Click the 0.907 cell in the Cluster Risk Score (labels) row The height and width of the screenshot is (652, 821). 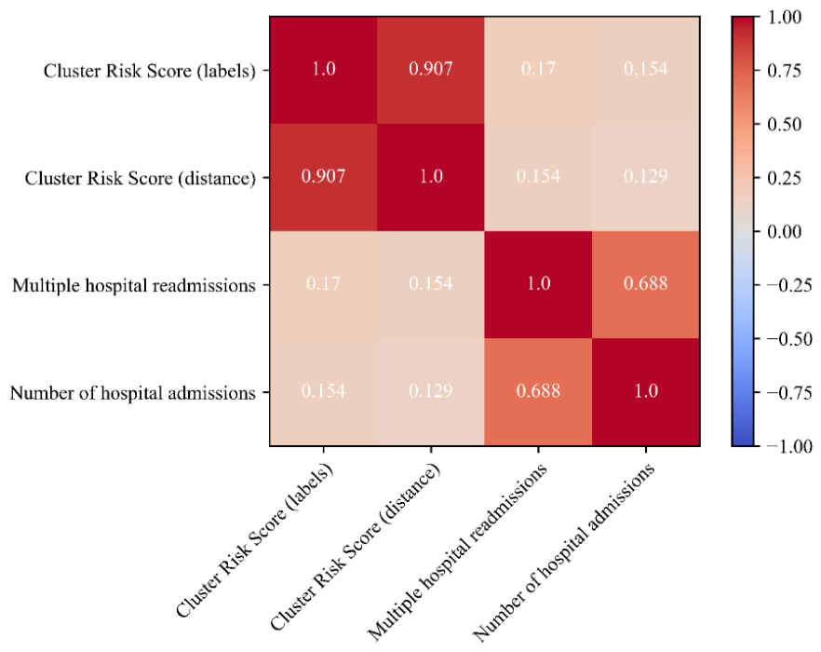(430, 70)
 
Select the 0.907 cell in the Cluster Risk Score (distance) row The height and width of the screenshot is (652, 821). (323, 178)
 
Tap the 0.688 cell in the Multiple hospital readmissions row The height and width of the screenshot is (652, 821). (646, 285)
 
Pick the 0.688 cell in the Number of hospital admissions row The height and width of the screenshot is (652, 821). (538, 392)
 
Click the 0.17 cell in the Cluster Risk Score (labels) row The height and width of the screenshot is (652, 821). (538, 70)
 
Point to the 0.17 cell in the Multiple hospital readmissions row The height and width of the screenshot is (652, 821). (323, 285)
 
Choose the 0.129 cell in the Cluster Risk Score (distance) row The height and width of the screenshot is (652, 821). (646, 178)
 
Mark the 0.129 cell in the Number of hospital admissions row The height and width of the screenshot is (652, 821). (430, 392)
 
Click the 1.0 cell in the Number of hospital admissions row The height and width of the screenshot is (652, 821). (646, 392)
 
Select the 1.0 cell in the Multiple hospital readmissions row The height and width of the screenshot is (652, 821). (538, 285)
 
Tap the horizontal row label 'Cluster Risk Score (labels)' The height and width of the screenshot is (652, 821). (150, 71)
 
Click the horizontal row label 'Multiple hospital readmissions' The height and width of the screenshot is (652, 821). (134, 286)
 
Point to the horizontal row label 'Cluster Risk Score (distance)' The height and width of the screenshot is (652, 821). (141, 178)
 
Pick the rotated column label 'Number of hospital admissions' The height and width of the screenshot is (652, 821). (563, 552)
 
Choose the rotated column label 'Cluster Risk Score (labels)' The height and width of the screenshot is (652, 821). (254, 541)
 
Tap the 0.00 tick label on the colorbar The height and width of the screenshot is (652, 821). (785, 232)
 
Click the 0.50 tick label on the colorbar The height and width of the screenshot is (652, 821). (785, 124)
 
